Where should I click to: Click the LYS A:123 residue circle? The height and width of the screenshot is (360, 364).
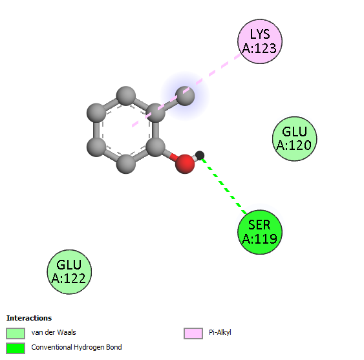pos(260,41)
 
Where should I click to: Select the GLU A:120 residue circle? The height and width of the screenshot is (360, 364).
pos(295,138)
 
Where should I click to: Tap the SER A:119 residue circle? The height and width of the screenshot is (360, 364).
pos(260,232)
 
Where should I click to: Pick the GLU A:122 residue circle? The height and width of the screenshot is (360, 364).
pos(69,272)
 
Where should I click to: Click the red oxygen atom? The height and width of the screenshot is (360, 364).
pos(185,164)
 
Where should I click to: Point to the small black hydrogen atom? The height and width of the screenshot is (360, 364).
pos(200,155)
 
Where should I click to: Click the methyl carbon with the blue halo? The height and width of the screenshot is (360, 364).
pos(185,96)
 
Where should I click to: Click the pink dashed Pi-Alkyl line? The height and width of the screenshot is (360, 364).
pos(186,90)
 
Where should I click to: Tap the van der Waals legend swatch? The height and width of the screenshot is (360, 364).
pos(16,334)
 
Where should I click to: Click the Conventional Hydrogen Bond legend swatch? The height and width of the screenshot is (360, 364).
pos(16,348)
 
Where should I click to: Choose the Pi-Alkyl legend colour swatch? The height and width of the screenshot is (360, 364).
pos(193,334)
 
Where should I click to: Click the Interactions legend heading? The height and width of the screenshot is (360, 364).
pos(29,318)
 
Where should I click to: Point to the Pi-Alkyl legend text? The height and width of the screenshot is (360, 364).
pos(220,332)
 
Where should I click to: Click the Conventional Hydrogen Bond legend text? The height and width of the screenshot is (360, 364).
pos(76,347)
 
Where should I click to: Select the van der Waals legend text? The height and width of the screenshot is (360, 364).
pos(54,332)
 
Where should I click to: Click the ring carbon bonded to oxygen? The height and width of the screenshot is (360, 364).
pos(155,147)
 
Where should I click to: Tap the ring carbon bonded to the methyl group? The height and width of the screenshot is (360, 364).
pos(155,113)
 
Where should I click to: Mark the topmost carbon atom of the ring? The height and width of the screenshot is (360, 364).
pos(126,96)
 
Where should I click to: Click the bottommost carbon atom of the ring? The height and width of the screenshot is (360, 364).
pos(126,164)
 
